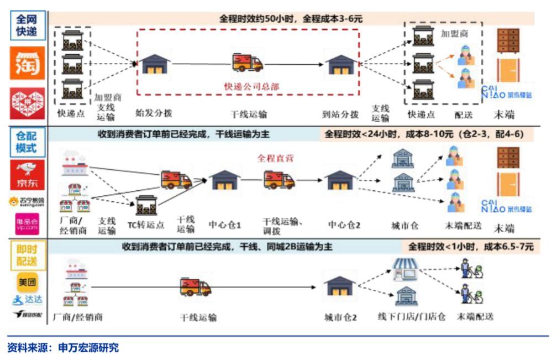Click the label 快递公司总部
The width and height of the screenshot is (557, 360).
(251, 86)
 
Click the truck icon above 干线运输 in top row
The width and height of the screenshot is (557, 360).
(247, 62)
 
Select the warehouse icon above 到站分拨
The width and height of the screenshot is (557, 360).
(340, 64)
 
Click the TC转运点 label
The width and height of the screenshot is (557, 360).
(146, 225)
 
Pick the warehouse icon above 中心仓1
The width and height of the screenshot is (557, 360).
(224, 181)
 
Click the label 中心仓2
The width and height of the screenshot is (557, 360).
(344, 225)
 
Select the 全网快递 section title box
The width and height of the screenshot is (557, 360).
(27, 25)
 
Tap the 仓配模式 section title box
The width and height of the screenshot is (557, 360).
(27, 142)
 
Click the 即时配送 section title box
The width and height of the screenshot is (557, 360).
(27, 255)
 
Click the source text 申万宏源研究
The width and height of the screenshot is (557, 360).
(88, 348)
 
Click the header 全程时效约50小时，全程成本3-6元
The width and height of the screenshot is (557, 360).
(291, 18)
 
